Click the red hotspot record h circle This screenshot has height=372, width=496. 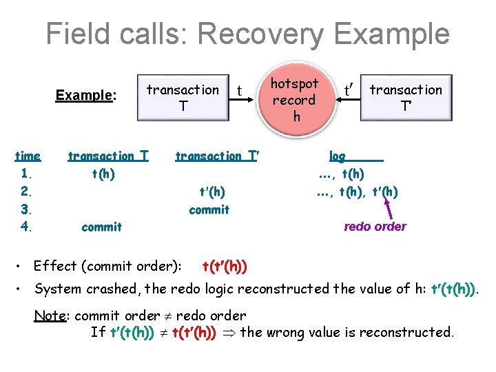click(294, 100)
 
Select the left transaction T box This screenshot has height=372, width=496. click(183, 97)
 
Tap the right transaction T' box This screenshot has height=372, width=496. click(406, 97)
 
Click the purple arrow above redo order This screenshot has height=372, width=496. click(389, 205)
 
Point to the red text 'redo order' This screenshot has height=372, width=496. click(375, 227)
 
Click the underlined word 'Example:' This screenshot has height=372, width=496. click(85, 95)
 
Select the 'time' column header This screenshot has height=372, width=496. click(28, 156)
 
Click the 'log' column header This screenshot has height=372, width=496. click(338, 156)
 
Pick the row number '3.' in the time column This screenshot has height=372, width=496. click(28, 209)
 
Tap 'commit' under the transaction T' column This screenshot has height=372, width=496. click(209, 209)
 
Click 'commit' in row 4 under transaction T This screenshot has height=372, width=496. click(101, 227)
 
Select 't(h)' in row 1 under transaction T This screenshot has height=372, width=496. click(103, 174)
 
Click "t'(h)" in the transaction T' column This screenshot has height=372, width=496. click(211, 192)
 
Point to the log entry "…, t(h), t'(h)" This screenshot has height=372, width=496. click(357, 192)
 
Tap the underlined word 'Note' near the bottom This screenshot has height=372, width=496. click(50, 316)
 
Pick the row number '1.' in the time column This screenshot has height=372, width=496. click(28, 174)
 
